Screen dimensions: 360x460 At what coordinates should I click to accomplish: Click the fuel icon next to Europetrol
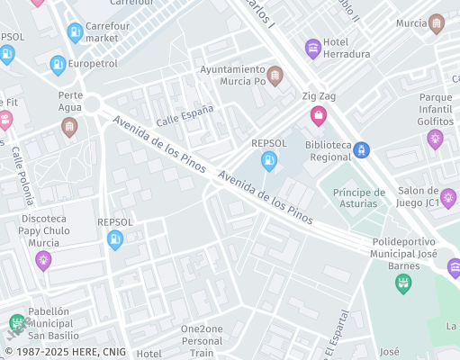pyautogui.click(x=58, y=65)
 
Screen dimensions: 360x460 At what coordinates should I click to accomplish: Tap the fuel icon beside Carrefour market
pyautogui.click(x=75, y=33)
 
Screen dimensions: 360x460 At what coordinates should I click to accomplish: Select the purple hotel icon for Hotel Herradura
pyautogui.click(x=313, y=49)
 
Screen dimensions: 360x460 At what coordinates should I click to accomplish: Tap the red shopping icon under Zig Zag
pyautogui.click(x=318, y=115)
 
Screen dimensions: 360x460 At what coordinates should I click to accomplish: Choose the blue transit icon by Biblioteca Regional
pyautogui.click(x=362, y=150)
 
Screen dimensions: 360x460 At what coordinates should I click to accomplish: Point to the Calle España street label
pyautogui.click(x=185, y=114)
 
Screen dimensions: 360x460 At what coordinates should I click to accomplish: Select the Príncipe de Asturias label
pyautogui.click(x=359, y=198)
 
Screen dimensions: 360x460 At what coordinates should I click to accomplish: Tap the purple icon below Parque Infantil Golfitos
pyautogui.click(x=436, y=139)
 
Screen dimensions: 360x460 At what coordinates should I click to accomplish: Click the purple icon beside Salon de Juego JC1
pyautogui.click(x=448, y=197)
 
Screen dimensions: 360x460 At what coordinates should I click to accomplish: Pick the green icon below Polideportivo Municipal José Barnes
pyautogui.click(x=403, y=283)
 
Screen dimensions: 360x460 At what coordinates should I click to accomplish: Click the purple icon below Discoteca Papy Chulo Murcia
pyautogui.click(x=42, y=260)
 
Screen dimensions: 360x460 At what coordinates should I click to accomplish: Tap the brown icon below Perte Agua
pyautogui.click(x=69, y=127)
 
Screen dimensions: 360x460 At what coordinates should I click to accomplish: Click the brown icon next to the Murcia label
pyautogui.click(x=437, y=24)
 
